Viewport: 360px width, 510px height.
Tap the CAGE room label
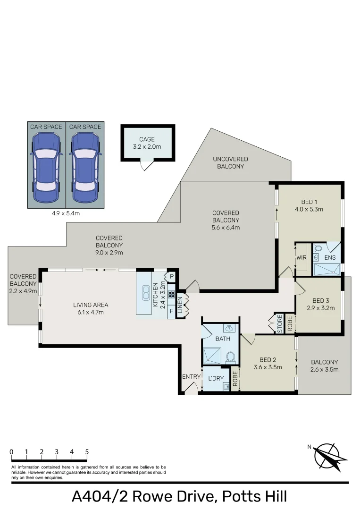tap(147, 140)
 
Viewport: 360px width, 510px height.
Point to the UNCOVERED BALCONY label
tap(230, 163)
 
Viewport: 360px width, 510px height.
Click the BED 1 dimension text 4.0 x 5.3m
tap(309, 209)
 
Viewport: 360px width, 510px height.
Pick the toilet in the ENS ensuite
tap(318, 248)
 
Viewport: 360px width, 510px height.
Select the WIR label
tap(301, 258)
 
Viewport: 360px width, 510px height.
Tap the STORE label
tap(280, 324)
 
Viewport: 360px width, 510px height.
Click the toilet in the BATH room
tap(231, 357)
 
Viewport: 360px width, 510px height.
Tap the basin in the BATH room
tap(229, 328)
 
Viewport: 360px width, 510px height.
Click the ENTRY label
tap(191, 376)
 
